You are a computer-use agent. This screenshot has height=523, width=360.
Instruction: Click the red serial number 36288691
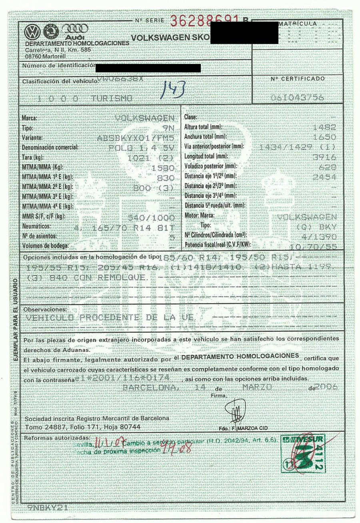(205, 21)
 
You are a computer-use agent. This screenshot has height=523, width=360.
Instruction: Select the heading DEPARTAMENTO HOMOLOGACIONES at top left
(77, 43)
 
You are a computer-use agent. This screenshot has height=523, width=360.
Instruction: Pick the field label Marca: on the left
(30, 118)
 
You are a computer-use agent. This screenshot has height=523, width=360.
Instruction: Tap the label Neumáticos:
(36, 226)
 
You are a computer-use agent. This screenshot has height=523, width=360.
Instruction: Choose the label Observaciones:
(44, 309)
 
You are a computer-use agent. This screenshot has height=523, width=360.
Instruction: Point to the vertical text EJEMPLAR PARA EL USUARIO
(15, 320)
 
